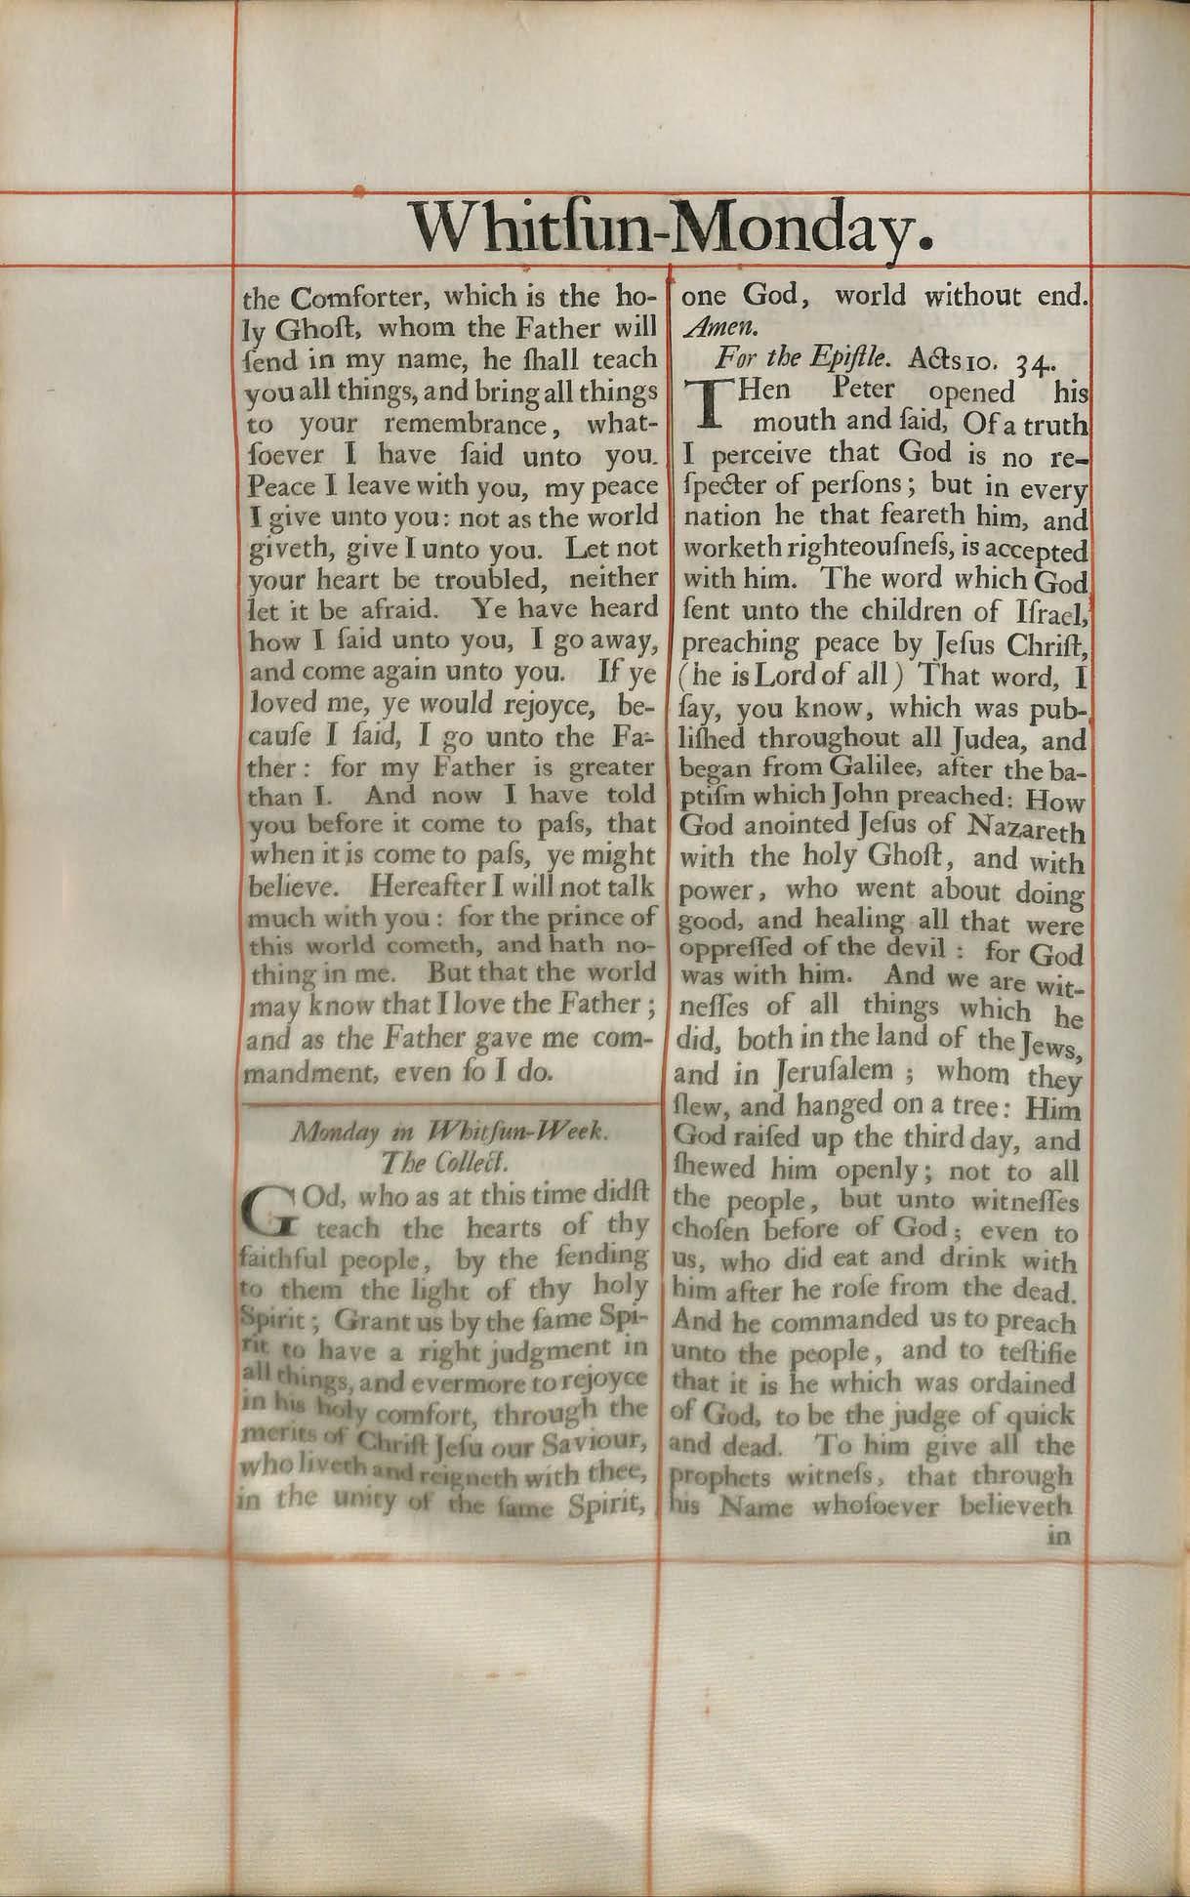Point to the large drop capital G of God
pyautogui.click(x=267, y=1210)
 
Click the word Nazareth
pyautogui.click(x=1024, y=832)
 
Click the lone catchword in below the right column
pyautogui.click(x=1058, y=1534)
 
